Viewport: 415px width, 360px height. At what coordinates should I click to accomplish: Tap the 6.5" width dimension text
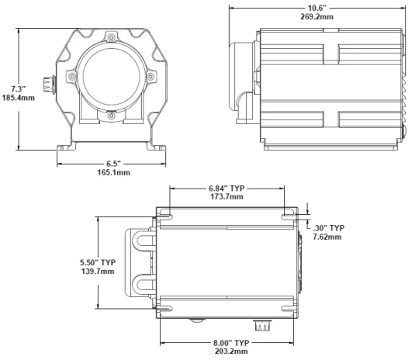[x=112, y=162]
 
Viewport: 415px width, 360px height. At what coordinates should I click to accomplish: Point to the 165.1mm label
[x=112, y=172]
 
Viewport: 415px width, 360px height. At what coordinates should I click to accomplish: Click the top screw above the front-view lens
[x=112, y=38]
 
